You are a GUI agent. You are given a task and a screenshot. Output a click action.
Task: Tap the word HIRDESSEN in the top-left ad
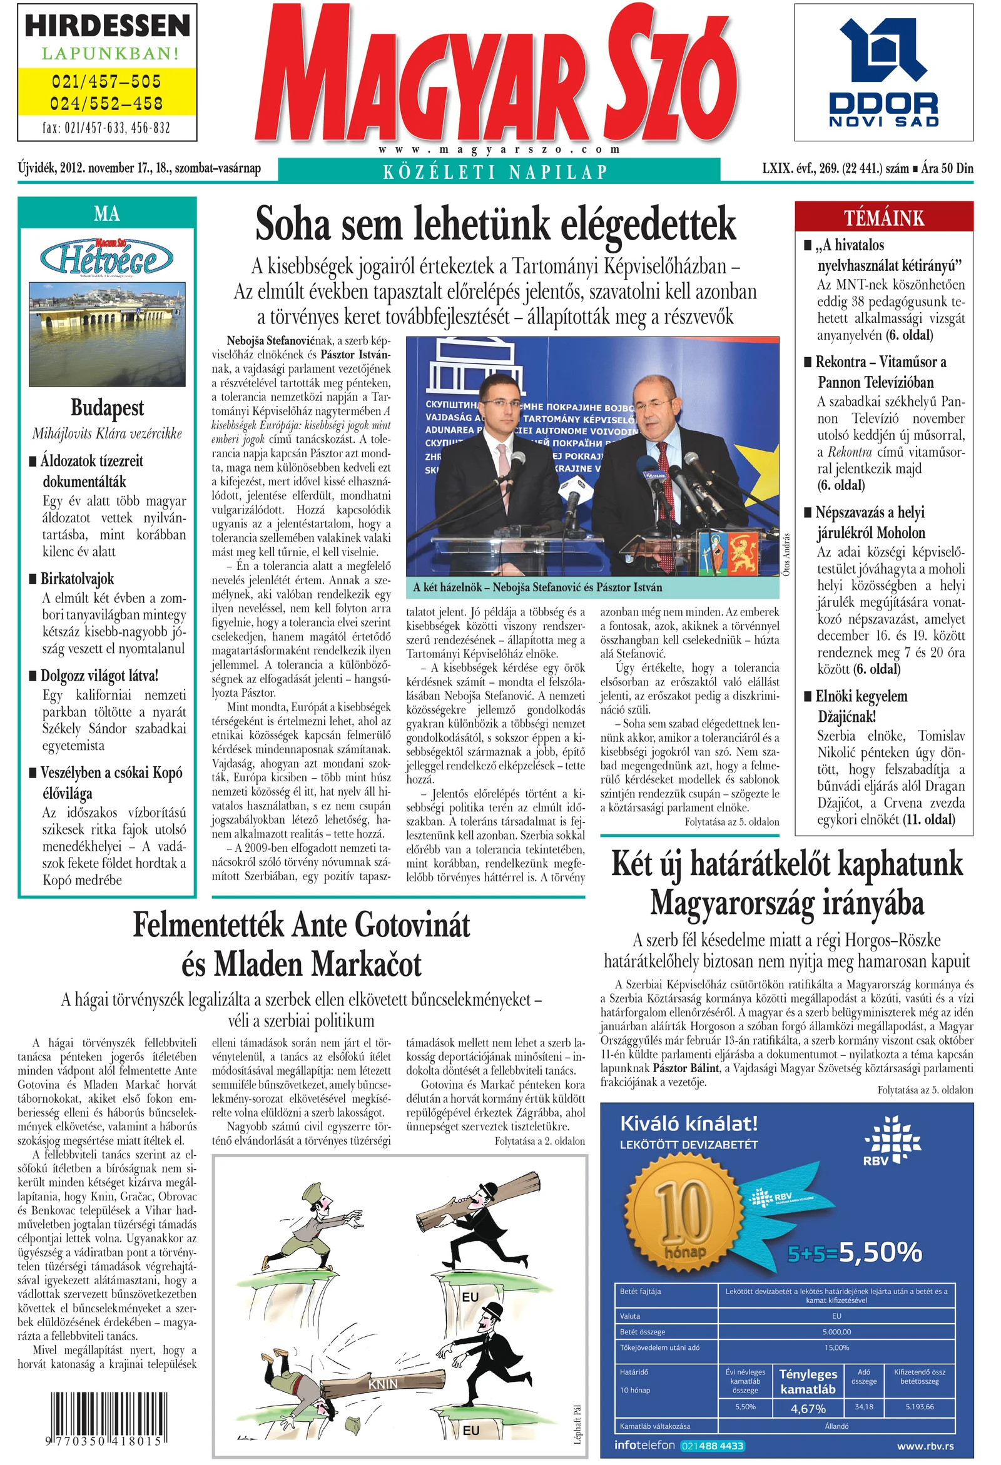107,26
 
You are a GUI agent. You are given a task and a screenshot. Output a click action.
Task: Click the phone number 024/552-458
106,103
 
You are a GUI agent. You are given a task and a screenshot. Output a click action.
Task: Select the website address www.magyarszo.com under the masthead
499,150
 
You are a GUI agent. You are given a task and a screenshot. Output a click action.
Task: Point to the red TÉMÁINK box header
884,218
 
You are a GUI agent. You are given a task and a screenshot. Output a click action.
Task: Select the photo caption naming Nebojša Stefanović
537,587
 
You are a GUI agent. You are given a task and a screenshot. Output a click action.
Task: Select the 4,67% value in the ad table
808,1409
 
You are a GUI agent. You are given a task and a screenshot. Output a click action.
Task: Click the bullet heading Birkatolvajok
78,579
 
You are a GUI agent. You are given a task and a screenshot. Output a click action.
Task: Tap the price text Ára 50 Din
947,168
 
